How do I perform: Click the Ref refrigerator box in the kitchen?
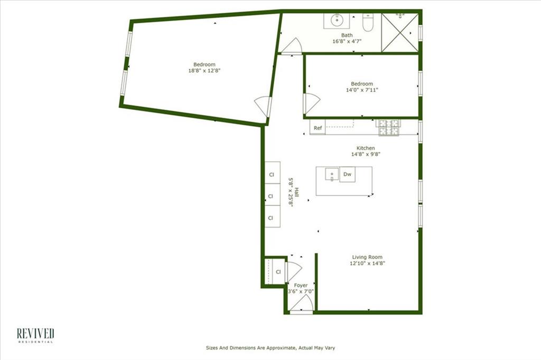click(318, 128)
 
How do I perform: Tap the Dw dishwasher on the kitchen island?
click(347, 174)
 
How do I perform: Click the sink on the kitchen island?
click(331, 174)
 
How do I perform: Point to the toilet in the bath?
click(368, 23)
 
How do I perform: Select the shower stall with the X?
click(400, 32)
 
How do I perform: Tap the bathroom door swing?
click(291, 46)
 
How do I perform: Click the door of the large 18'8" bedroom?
click(263, 107)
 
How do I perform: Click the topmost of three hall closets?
click(272, 174)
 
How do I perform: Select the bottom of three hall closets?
click(272, 217)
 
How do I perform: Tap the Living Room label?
click(367, 257)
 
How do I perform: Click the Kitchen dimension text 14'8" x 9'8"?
click(366, 155)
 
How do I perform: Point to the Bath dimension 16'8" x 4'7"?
click(347, 41)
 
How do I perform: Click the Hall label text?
click(297, 194)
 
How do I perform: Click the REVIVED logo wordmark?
click(35, 333)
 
